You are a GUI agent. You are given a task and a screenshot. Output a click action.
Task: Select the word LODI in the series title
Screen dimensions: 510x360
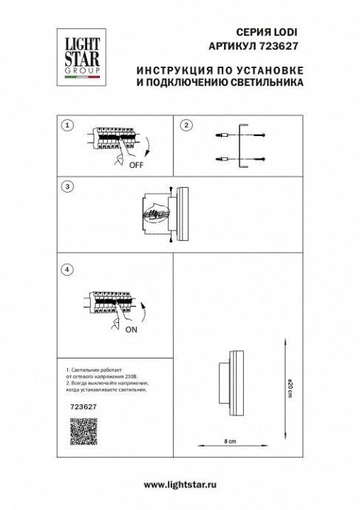click(285, 32)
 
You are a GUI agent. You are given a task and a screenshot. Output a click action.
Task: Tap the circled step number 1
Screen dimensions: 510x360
click(67, 125)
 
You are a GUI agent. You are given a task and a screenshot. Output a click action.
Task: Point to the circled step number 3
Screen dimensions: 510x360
click(67, 187)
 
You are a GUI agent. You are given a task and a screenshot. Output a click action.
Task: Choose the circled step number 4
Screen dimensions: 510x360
click(67, 271)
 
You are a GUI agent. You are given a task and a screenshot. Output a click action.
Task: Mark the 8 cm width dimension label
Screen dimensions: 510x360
click(230, 441)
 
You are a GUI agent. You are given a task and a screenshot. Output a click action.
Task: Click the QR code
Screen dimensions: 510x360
click(83, 431)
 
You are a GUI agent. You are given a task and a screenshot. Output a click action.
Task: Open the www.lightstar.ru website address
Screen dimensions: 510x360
click(180, 483)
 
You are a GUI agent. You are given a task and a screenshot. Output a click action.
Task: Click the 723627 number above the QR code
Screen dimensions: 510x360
click(81, 406)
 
